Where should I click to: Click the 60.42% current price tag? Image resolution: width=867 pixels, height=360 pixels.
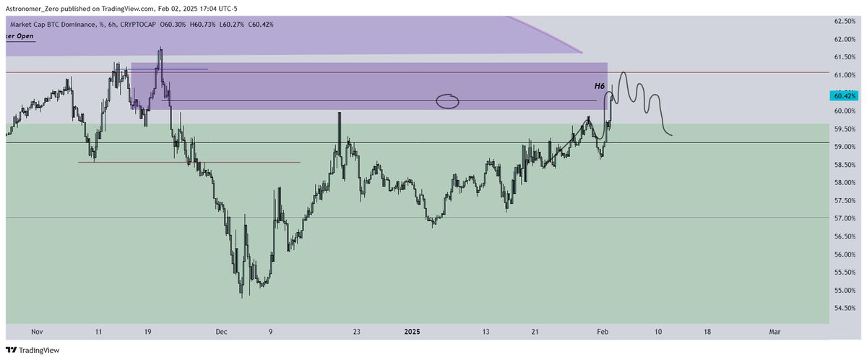pos(845,95)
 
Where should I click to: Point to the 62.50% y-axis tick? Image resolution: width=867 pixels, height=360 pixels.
pos(844,20)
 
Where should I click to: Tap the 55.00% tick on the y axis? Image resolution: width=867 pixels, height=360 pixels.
pos(844,291)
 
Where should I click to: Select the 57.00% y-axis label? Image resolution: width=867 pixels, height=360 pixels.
pos(844,218)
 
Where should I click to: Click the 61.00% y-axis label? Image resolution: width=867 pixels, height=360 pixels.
pos(844,75)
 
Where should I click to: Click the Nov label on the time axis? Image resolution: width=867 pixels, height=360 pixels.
pos(38,331)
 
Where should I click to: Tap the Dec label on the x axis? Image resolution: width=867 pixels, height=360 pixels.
pos(221,331)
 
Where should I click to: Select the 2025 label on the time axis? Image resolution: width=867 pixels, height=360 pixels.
pos(412,331)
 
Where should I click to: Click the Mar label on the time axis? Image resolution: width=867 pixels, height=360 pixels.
pos(775,331)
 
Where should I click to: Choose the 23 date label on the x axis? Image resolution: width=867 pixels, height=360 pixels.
pos(357,331)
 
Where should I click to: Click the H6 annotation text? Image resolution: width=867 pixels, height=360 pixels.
pos(599,86)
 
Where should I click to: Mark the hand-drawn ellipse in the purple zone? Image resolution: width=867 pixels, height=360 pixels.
pos(448,101)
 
